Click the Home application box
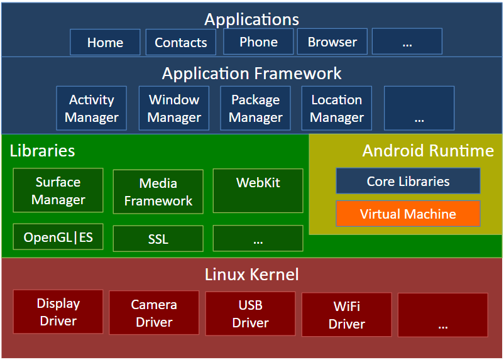105,42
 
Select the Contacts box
180,42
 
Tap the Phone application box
258,41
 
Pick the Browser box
332,41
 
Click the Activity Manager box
92,108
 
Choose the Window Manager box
174,108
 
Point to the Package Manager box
256,108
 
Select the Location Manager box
337,108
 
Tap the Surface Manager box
58,190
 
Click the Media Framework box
158,192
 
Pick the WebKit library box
258,190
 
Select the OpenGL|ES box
58,237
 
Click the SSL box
158,239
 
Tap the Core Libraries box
408,181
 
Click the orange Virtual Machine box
408,214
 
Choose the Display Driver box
58,312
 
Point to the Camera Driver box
154,313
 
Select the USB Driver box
250,314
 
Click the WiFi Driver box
347,315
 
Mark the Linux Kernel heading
251,275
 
